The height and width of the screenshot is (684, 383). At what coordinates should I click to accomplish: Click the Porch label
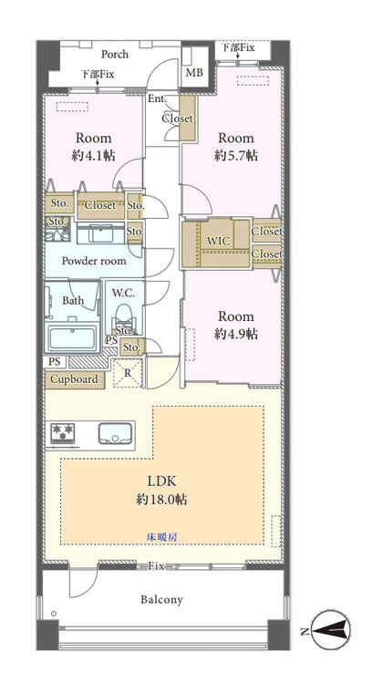(x=115, y=54)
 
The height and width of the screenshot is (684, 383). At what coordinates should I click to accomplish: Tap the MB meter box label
(x=194, y=72)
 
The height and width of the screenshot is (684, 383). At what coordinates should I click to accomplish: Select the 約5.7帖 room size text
(x=235, y=155)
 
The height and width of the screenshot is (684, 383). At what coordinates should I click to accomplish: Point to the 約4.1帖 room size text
(x=93, y=155)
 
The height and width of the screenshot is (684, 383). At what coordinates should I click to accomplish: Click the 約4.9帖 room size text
(x=236, y=334)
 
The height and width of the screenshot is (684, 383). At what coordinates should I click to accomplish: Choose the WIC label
(x=218, y=241)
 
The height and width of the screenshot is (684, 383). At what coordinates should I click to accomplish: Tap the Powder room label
(x=94, y=261)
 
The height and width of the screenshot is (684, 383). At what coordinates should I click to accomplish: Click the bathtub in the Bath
(x=71, y=337)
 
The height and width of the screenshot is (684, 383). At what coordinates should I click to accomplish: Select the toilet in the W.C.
(x=124, y=315)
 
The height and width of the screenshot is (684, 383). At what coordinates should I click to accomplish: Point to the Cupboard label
(x=74, y=379)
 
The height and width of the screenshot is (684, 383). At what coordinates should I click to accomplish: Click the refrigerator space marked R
(x=128, y=373)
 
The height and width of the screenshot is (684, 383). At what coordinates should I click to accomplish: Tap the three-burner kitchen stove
(x=63, y=433)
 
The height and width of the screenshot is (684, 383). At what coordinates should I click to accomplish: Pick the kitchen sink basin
(x=114, y=433)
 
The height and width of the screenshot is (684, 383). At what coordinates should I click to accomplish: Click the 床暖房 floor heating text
(x=161, y=537)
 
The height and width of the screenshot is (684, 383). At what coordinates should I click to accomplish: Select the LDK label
(x=161, y=482)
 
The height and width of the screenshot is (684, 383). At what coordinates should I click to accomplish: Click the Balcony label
(x=161, y=599)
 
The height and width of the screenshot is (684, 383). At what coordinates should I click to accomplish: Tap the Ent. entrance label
(x=157, y=98)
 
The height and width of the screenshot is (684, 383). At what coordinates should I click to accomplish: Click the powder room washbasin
(x=101, y=233)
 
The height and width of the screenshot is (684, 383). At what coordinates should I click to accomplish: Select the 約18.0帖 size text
(x=161, y=499)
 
